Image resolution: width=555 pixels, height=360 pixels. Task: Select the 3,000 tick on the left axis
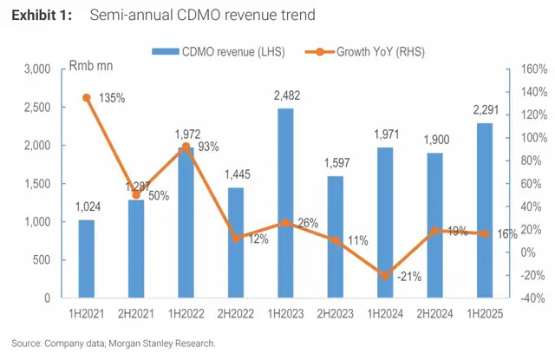[x=36, y=69]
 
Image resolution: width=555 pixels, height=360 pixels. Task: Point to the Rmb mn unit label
[x=94, y=66]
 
